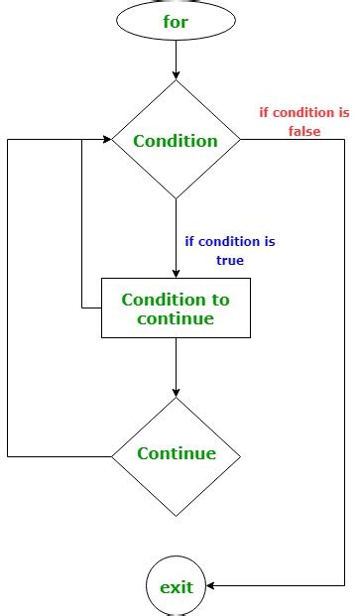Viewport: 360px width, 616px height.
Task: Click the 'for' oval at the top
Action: click(x=176, y=21)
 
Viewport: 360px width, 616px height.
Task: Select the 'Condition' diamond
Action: click(x=176, y=140)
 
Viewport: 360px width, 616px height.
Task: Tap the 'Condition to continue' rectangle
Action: click(x=176, y=308)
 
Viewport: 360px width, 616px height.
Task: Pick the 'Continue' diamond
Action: click(x=176, y=454)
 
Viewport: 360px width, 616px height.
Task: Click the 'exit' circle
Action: click(x=176, y=586)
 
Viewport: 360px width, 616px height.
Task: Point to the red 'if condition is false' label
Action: click(x=304, y=122)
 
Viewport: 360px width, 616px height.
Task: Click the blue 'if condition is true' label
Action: click(x=229, y=250)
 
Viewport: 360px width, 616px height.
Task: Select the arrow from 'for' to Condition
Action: click(x=176, y=60)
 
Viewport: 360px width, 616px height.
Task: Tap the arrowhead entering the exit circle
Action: click(x=212, y=586)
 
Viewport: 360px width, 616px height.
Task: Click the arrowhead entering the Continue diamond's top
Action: click(x=176, y=391)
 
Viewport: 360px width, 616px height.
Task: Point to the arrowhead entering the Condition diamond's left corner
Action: click(x=105, y=140)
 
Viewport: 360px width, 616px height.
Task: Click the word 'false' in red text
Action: click(x=304, y=132)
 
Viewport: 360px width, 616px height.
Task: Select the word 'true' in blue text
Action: click(x=229, y=260)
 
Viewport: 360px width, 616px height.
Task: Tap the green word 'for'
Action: click(x=176, y=21)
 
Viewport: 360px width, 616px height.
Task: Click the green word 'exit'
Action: click(x=176, y=586)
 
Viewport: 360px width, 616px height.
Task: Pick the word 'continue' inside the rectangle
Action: click(x=176, y=318)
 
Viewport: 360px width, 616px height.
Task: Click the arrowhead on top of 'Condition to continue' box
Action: click(x=176, y=273)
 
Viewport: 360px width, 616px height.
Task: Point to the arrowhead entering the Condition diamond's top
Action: click(x=176, y=74)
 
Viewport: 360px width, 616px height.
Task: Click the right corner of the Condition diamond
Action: click(x=240, y=140)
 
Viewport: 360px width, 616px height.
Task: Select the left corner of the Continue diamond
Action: click(x=112, y=455)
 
